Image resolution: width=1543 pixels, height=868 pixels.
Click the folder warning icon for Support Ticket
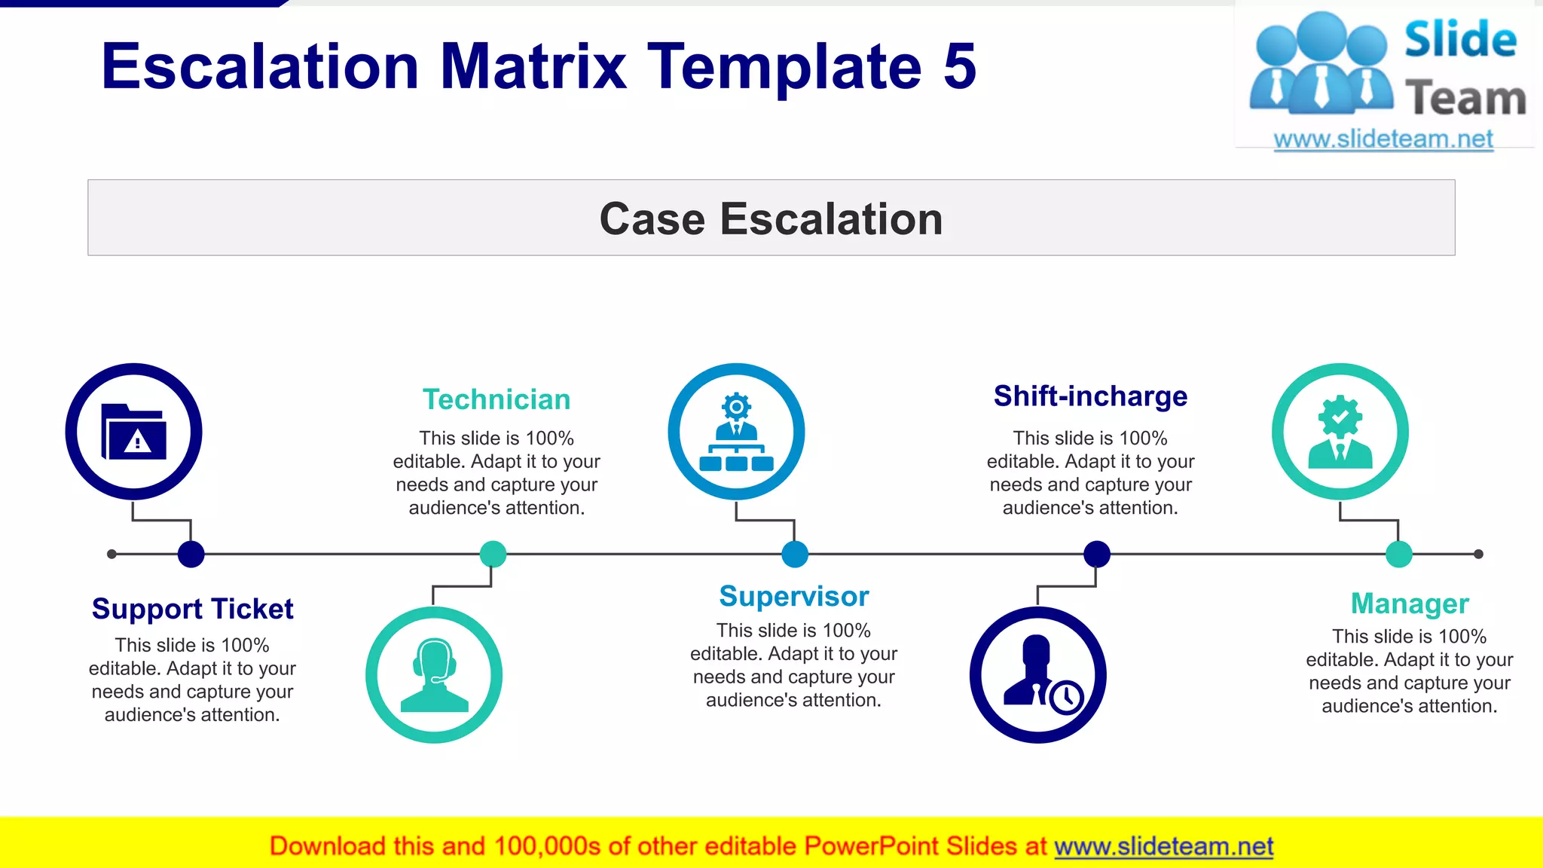(133, 432)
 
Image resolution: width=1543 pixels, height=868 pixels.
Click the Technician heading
(497, 399)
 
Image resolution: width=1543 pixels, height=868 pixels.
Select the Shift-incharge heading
(1090, 396)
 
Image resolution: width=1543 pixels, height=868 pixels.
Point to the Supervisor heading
(793, 596)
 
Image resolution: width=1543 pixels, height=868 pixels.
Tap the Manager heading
(1409, 604)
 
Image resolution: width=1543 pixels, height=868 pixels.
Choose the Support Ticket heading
(192, 609)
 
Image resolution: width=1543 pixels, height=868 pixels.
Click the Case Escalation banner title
(771, 219)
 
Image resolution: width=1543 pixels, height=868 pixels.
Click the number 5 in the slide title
(959, 66)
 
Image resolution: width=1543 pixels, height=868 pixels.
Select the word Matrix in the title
(533, 66)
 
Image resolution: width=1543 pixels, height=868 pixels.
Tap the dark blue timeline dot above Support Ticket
(191, 554)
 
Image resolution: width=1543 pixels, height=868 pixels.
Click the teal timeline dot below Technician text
(493, 554)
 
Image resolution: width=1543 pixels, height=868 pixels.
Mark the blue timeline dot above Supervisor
(795, 554)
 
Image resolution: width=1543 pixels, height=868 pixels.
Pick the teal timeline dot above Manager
(1398, 554)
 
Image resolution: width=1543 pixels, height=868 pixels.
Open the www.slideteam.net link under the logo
(1383, 139)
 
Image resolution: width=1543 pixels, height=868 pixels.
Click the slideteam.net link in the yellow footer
(1163, 847)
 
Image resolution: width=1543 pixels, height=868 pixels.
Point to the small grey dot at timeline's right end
(1478, 554)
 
